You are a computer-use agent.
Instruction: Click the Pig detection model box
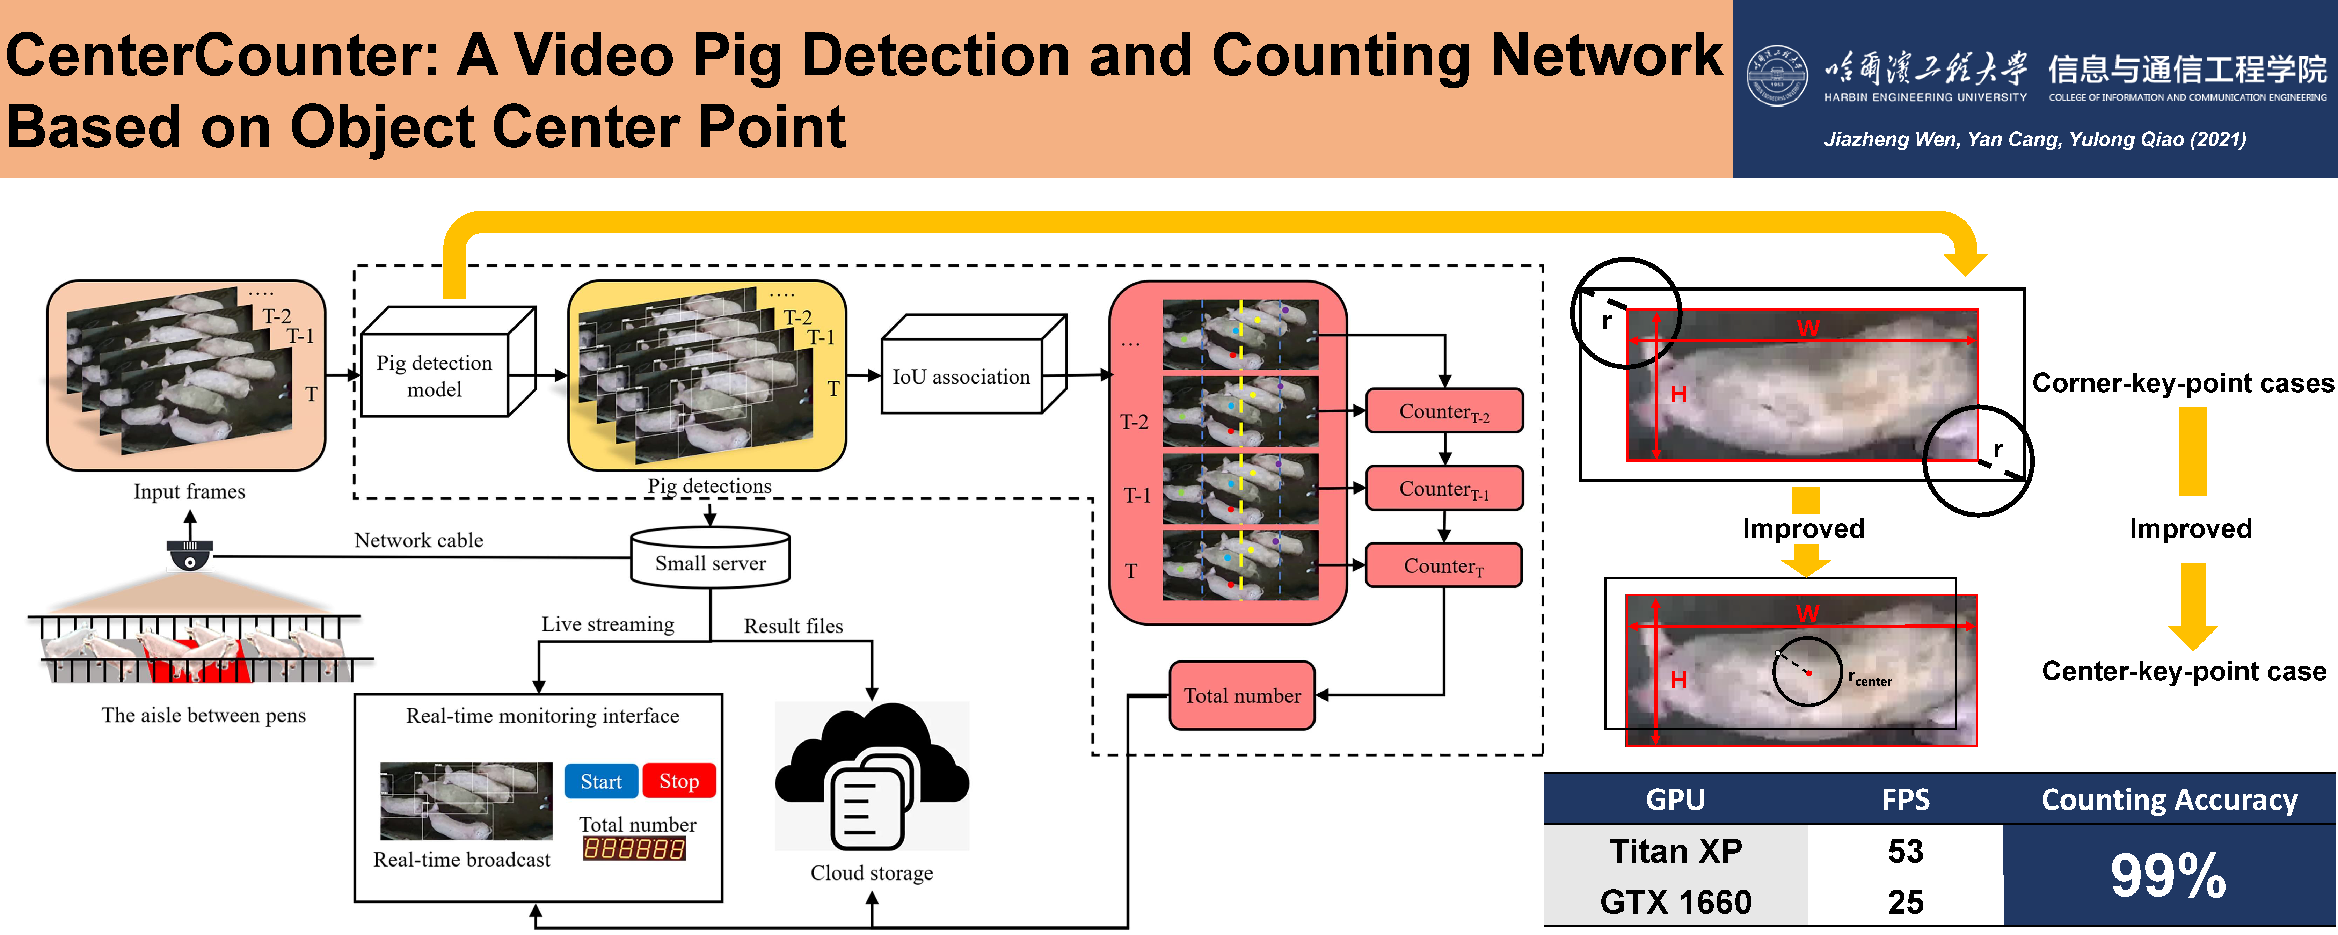pyautogui.click(x=435, y=376)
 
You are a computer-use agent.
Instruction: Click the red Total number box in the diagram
pyautogui.click(x=1241, y=695)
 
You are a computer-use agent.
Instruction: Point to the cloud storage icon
pyautogui.click(x=871, y=776)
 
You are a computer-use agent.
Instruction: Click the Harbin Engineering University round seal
pyautogui.click(x=1776, y=75)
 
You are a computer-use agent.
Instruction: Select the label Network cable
pyautogui.click(x=418, y=540)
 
